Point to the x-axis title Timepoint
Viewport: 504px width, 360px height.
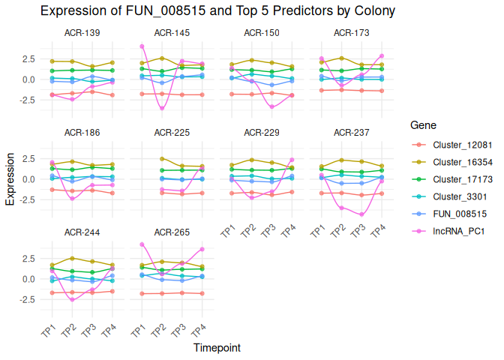click(x=217, y=348)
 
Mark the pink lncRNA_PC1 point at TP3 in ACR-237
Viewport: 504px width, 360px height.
click(x=361, y=214)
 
